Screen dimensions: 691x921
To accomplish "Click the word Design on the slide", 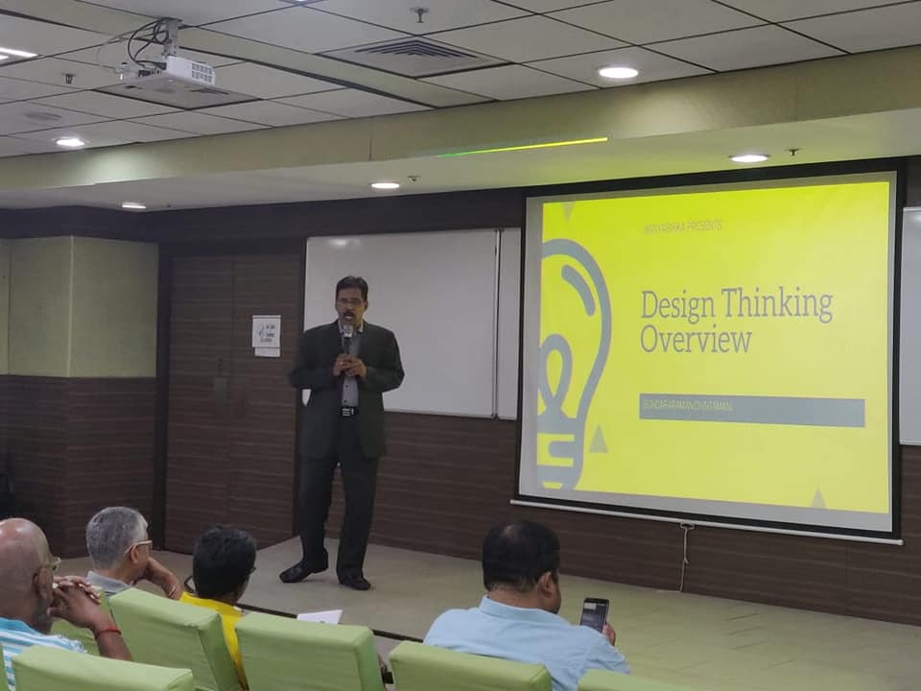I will pyautogui.click(x=678, y=305).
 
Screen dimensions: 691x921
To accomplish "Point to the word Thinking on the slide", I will pyautogui.click(x=777, y=305).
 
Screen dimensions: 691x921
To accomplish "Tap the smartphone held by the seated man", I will pyautogui.click(x=594, y=613).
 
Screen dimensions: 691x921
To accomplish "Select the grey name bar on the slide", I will pyautogui.click(x=751, y=411).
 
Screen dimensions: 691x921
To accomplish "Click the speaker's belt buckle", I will pyautogui.click(x=346, y=412).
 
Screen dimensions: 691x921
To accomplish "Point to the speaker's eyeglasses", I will pyautogui.click(x=350, y=301).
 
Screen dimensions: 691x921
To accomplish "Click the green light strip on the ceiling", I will pyautogui.click(x=523, y=147).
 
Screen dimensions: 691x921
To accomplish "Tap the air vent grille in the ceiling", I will pyautogui.click(x=413, y=50).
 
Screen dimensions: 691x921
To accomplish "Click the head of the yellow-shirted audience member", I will pyautogui.click(x=220, y=561).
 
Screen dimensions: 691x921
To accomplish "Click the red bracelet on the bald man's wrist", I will pyautogui.click(x=107, y=631).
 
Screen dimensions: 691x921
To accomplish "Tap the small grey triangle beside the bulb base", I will pyautogui.click(x=598, y=440).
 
